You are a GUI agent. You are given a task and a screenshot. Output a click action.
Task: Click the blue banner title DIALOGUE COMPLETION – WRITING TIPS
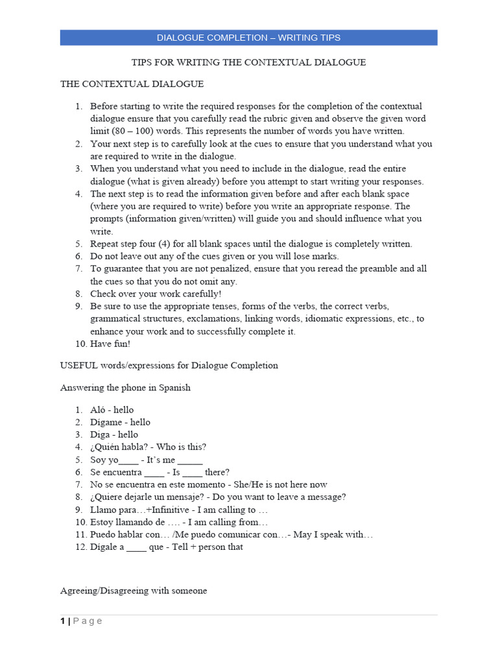click(248, 38)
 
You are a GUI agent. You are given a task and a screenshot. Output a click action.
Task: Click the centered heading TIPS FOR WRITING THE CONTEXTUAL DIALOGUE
click(248, 62)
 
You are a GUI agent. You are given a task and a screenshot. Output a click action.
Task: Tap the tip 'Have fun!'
click(110, 344)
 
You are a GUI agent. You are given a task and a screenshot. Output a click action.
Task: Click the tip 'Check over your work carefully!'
click(156, 293)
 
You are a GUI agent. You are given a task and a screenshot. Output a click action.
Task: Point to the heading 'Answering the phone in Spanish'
click(125, 388)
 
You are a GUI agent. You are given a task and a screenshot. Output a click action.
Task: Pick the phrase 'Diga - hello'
click(114, 434)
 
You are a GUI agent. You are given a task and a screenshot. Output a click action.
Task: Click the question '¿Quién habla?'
click(119, 447)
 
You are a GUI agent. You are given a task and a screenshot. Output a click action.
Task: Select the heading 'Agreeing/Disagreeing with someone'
click(134, 591)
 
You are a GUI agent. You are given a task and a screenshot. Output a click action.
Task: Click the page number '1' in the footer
click(62, 621)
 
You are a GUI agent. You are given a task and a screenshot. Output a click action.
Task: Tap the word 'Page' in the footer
click(88, 621)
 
